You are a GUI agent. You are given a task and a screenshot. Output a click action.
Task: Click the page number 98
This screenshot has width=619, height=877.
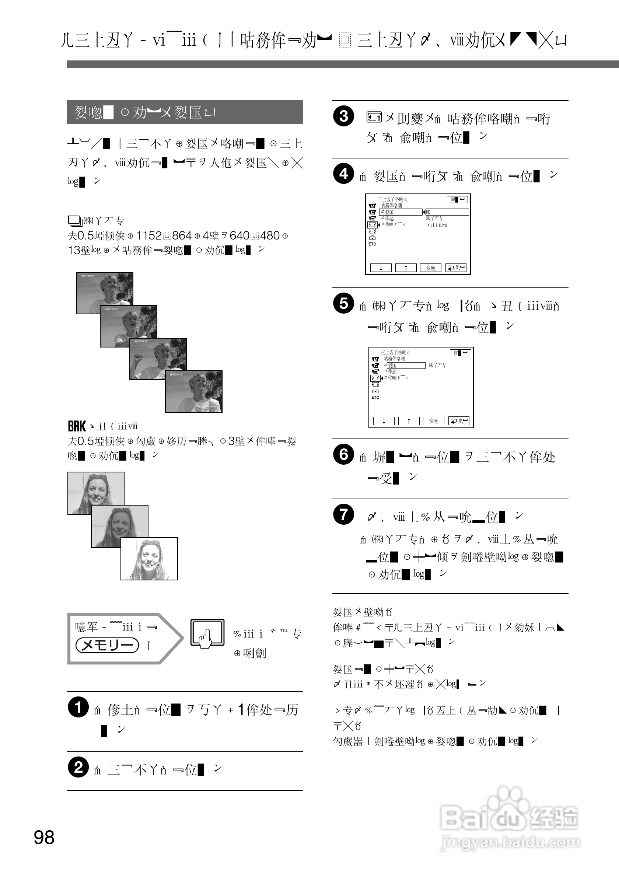44,838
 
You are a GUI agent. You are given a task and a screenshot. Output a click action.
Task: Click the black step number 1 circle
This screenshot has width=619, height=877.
78,707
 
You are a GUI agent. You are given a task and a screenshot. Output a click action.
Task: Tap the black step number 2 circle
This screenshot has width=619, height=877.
78,767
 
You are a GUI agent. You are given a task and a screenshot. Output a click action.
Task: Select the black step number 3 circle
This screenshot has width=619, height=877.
343,116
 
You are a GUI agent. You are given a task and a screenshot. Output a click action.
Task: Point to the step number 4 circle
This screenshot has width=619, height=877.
343,174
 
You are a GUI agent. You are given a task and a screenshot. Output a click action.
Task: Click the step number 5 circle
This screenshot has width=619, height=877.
343,304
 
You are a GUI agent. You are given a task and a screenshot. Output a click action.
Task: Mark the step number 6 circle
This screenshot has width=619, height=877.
343,455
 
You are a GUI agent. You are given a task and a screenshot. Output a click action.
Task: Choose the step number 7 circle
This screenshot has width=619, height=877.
343,514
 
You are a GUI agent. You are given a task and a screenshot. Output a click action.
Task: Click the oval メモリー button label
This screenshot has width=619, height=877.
107,645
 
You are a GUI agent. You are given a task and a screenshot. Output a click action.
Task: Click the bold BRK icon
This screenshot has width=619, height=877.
77,426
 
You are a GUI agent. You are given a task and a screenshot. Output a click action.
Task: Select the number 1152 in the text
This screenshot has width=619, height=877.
149,236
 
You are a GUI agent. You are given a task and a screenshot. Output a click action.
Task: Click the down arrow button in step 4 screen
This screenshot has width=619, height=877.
381,268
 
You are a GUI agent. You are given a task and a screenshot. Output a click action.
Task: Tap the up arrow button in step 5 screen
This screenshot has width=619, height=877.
409,421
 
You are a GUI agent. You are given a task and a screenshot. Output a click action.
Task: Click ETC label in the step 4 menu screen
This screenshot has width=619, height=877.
372,244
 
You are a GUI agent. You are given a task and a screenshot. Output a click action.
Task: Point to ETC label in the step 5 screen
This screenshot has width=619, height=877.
375,397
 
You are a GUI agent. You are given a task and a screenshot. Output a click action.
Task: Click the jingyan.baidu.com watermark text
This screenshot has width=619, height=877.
510,842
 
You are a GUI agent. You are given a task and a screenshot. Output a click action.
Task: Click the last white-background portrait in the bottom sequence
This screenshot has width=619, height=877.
149,558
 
